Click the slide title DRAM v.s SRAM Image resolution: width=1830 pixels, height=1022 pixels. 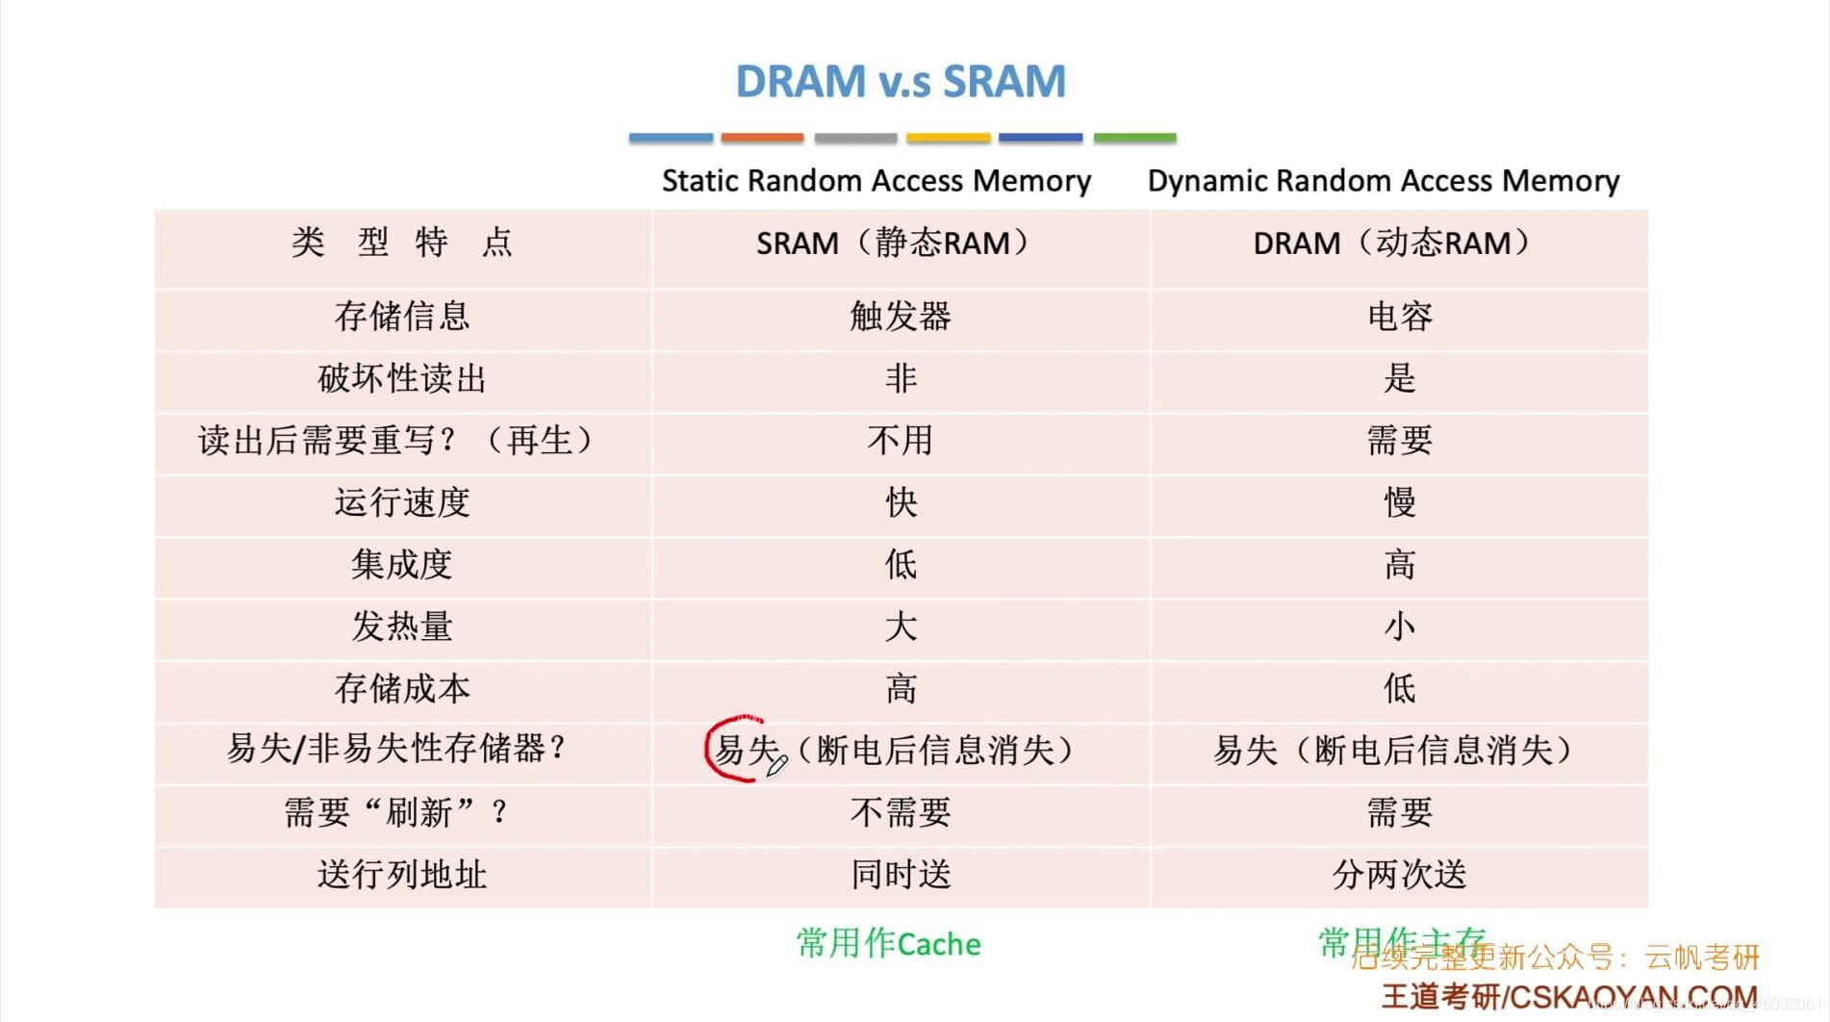pyautogui.click(x=901, y=81)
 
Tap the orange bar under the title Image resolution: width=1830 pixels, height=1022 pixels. pyautogui.click(x=762, y=139)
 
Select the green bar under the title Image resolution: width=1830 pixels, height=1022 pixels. pyautogui.click(x=1134, y=139)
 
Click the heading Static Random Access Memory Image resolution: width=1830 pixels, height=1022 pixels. pyautogui.click(x=877, y=181)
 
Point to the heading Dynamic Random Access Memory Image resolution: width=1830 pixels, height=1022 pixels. pyautogui.click(x=1384, y=181)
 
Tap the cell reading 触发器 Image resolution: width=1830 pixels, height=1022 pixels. pyautogui.click(x=901, y=316)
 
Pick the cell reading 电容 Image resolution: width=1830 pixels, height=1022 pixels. pyautogui.click(x=1400, y=316)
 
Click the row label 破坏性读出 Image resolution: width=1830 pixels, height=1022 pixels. pyautogui.click(x=402, y=378)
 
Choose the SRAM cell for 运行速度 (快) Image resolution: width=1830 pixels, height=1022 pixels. pyautogui.click(x=901, y=502)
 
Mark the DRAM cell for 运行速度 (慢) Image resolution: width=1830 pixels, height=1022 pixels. pyautogui.click(x=1400, y=502)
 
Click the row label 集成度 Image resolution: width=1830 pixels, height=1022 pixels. pyautogui.click(x=402, y=564)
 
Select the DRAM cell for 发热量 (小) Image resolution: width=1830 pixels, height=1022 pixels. pyautogui.click(x=1400, y=626)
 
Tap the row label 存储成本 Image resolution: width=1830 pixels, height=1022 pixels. pyautogui.click(x=402, y=688)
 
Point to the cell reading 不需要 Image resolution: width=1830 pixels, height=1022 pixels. pyautogui.click(x=901, y=813)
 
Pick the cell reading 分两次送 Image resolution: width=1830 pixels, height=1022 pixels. pyautogui.click(x=1400, y=875)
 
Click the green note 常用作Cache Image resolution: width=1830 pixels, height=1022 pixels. pyautogui.click(x=888, y=944)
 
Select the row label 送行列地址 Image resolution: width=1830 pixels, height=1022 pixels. pyautogui.click(x=402, y=875)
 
